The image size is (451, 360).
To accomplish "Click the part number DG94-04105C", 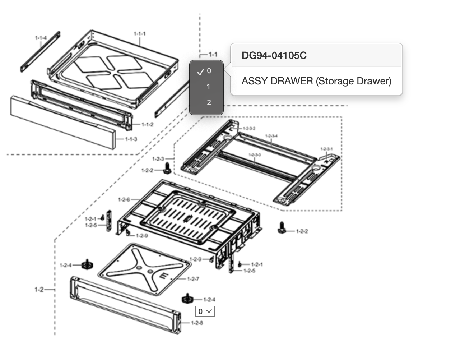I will point(274,56).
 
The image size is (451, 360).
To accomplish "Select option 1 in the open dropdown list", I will point(208,87).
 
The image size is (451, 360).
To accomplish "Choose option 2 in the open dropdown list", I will point(209,102).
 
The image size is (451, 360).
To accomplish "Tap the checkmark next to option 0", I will point(200,72).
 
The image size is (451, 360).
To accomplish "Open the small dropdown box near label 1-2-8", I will point(205,311).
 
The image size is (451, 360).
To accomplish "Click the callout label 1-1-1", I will point(139,34).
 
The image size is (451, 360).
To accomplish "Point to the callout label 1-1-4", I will point(41,38).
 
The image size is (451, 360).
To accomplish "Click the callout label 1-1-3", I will point(131,139).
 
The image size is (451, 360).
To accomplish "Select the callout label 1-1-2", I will point(147,125).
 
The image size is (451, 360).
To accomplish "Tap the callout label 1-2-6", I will point(124,200).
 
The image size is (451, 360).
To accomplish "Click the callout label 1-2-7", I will point(193,279).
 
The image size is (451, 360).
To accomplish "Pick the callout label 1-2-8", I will point(197,323).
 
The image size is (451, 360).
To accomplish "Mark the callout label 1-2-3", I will point(158,159).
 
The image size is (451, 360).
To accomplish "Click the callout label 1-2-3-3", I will point(254,155).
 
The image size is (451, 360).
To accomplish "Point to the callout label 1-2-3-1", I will point(326,149).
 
